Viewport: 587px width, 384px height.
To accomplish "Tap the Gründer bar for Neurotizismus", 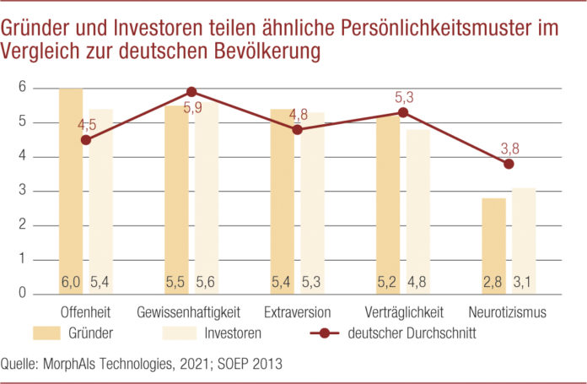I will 494,246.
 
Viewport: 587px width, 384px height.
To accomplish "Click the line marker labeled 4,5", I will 86,140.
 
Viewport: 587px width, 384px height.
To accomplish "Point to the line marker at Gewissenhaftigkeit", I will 191,91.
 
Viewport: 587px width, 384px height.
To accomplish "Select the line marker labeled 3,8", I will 509,164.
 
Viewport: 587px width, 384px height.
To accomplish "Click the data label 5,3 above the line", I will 403,98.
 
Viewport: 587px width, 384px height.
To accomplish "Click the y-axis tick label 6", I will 24,88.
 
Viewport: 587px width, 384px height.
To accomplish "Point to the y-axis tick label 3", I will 24,191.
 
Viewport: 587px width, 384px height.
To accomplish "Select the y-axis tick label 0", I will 24,294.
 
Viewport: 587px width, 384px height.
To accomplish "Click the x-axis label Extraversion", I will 297,311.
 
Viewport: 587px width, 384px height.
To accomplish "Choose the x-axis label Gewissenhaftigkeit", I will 191,311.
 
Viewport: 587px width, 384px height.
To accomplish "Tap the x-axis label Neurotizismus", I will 509,311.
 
